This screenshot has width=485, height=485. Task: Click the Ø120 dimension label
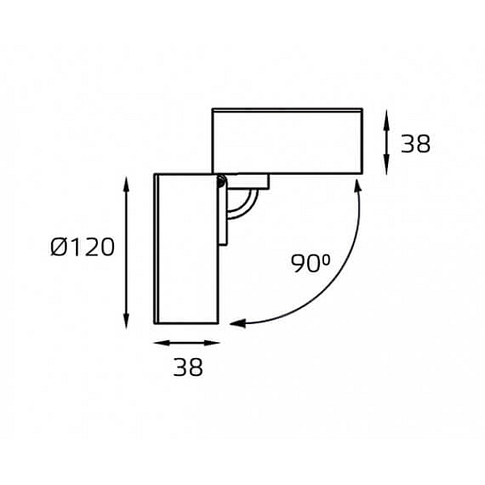[x=82, y=247]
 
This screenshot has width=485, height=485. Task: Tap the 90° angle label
[x=310, y=263]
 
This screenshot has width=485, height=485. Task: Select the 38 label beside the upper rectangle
[x=415, y=144]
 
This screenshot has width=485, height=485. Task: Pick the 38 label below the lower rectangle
[x=188, y=367]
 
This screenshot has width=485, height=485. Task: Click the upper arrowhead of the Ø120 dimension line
[x=125, y=184]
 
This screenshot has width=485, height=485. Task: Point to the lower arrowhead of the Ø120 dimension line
[x=126, y=320]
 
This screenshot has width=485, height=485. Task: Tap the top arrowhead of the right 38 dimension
[x=386, y=117]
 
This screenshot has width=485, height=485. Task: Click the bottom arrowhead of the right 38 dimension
[x=386, y=166]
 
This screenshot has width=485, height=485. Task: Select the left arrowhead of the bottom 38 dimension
[x=162, y=343]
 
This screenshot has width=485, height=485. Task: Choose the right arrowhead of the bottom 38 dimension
[x=212, y=343]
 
